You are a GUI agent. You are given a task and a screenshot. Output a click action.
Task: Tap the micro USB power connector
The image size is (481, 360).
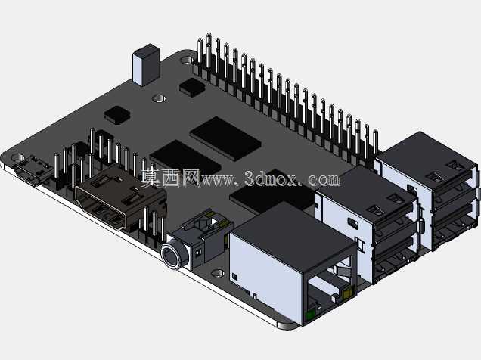coord(31,171)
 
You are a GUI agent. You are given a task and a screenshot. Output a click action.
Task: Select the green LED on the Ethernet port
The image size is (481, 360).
coord(310,315)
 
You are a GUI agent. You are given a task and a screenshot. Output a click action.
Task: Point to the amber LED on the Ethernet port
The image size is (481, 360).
coord(347,294)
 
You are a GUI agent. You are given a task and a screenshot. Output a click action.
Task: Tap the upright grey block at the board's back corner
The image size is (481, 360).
coord(146,65)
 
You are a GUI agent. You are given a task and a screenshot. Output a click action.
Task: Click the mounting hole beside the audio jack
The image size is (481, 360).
coord(218,272)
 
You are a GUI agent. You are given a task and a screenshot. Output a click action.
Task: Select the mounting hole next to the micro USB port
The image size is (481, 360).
coord(17,158)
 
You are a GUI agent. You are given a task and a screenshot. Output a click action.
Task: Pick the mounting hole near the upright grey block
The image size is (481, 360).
coord(160,98)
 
